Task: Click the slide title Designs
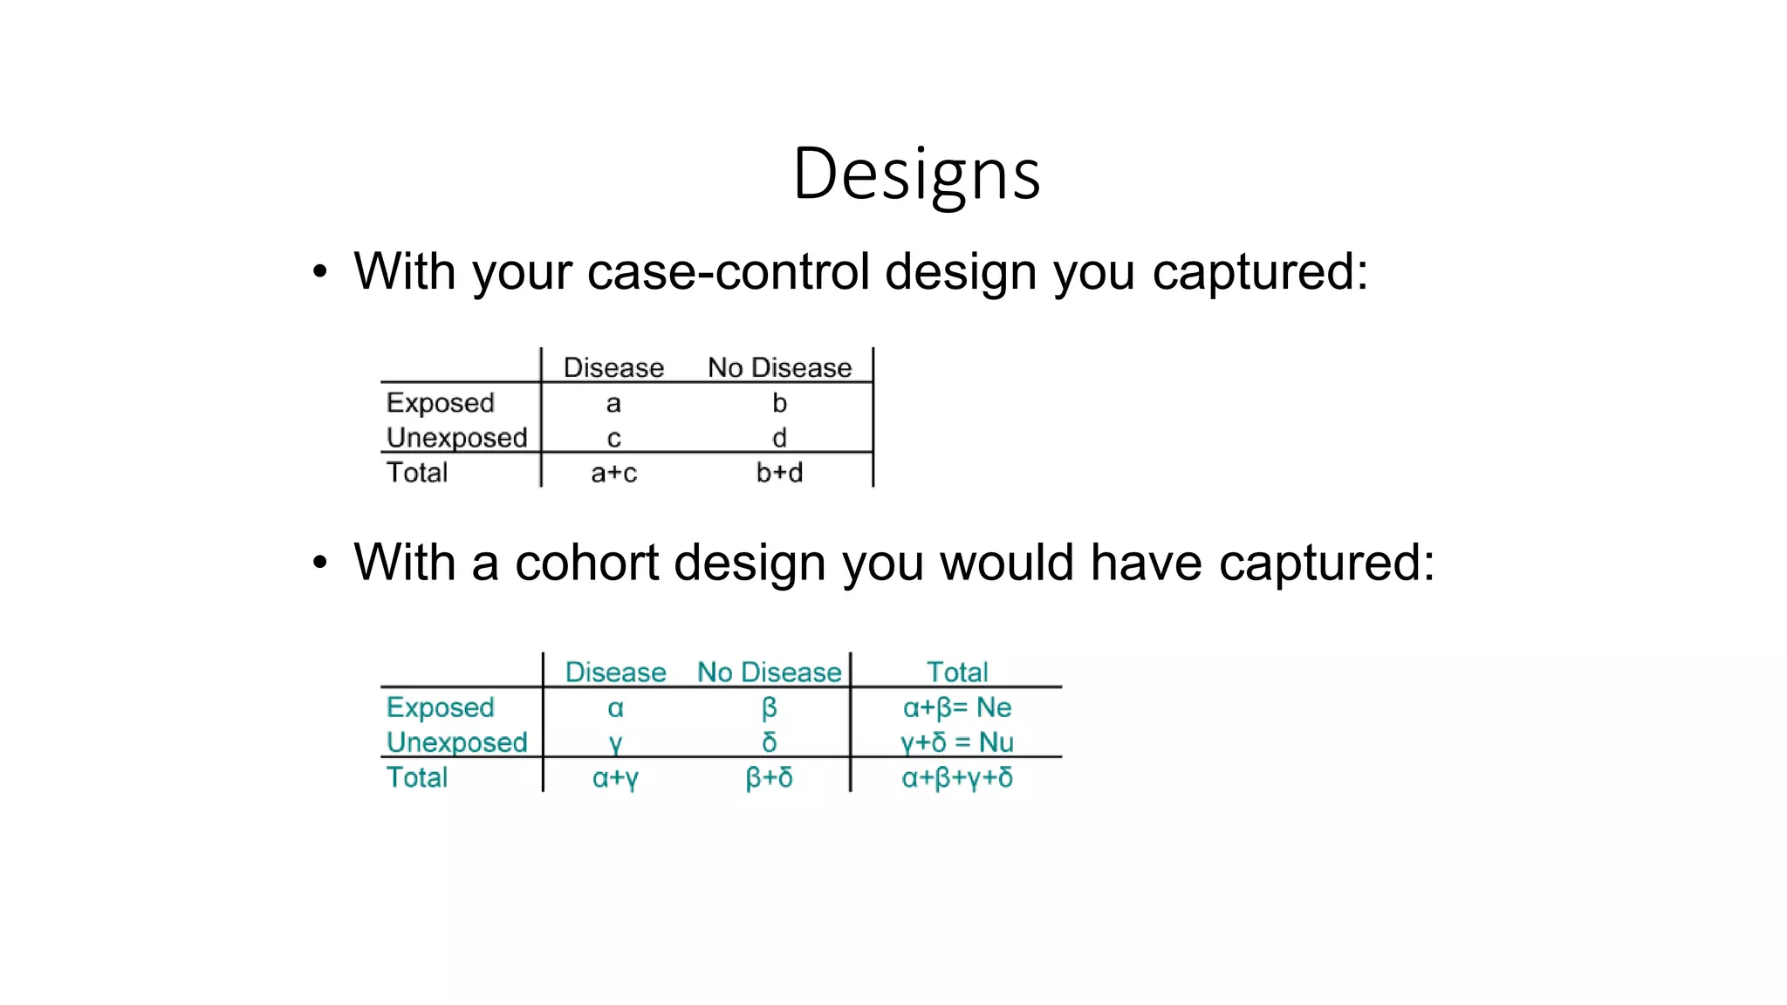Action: coord(916,174)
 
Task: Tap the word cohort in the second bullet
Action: coord(586,562)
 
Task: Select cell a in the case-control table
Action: coord(613,403)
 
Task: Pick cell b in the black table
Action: coord(779,403)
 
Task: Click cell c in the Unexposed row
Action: coord(613,438)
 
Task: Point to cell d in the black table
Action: coord(779,438)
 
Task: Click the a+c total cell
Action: coord(613,473)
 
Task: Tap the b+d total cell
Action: coord(779,473)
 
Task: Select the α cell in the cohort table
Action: coord(615,708)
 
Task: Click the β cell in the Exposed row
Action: coord(769,708)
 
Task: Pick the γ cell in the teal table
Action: coord(615,743)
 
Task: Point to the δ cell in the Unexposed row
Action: coord(769,742)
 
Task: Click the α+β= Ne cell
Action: coord(957,708)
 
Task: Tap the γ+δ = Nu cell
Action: coord(957,742)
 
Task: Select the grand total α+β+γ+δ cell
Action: coord(957,777)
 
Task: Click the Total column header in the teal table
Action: coord(957,672)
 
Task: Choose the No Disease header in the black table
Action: coord(779,368)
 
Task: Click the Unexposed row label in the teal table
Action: coord(456,742)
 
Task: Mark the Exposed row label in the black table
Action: coord(440,403)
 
